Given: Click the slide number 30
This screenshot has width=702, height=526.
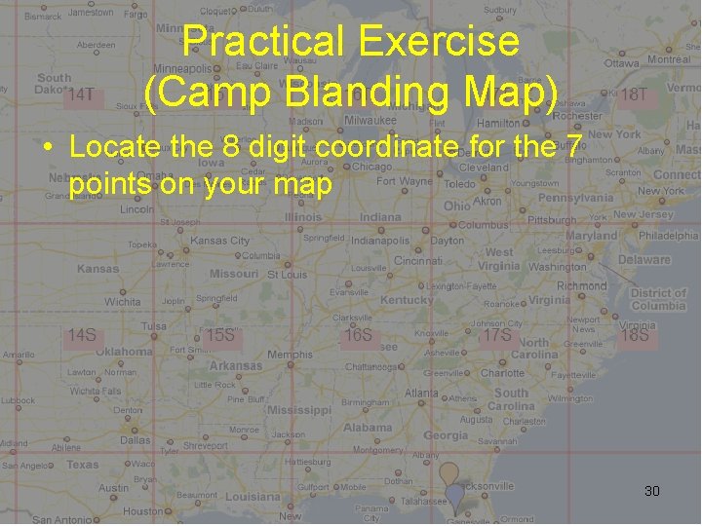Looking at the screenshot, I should tap(652, 491).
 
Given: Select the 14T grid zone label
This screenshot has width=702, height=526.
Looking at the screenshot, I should tap(81, 94).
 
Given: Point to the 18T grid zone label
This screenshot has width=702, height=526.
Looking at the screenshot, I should tap(634, 94).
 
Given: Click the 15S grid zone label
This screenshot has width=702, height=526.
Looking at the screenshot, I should tap(221, 335).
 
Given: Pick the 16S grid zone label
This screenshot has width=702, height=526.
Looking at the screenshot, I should tap(359, 335).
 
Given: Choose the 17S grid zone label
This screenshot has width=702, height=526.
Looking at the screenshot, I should tap(497, 335).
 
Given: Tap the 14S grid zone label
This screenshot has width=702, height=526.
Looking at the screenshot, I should tap(81, 335).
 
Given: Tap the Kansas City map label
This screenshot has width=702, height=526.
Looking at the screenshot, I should tap(220, 240).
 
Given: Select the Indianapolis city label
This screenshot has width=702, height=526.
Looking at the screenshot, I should tap(380, 240).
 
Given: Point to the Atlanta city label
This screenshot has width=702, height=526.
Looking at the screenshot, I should tap(421, 393).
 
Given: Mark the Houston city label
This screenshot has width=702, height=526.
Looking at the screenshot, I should tap(143, 510).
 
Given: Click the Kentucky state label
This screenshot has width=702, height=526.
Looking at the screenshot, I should tap(407, 300).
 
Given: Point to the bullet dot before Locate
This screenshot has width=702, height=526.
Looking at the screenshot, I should tap(47, 148).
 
